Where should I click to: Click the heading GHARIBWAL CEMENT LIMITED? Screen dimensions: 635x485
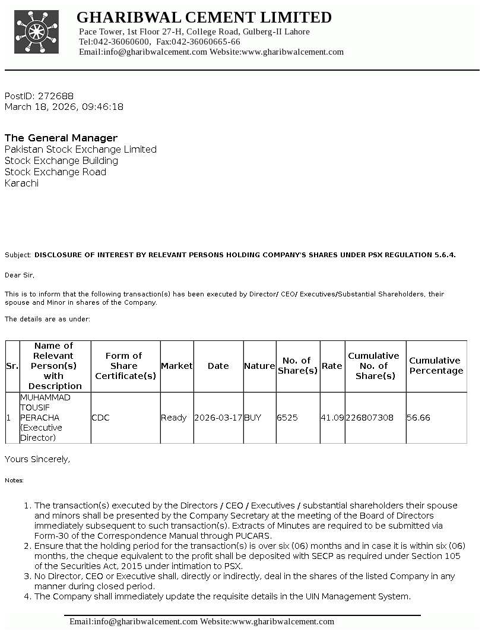[204, 17]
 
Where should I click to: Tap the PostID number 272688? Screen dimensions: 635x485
[56, 96]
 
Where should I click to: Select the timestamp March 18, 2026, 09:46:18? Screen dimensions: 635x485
[64, 107]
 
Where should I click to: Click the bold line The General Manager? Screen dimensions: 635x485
[61, 138]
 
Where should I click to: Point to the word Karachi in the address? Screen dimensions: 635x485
[21, 184]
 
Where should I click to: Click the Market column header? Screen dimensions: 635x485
[177, 366]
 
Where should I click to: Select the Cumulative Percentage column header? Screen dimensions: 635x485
[436, 366]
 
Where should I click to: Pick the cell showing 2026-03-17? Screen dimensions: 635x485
[218, 418]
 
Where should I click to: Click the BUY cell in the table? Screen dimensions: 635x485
[252, 418]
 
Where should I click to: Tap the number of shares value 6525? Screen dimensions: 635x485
[287, 418]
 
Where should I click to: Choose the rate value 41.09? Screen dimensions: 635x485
[332, 418]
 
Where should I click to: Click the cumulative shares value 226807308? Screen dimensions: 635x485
[369, 418]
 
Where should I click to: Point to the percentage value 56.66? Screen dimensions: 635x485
[419, 418]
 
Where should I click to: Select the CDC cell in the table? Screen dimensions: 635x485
[101, 418]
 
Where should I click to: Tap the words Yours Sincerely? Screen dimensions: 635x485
[37, 459]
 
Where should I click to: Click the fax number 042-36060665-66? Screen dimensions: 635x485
[209, 42]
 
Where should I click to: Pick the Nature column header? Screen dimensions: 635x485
[259, 366]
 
